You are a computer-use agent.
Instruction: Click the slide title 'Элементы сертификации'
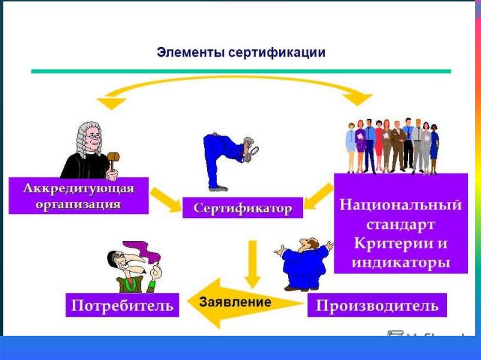(240, 52)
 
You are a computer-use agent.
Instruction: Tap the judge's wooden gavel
(113, 158)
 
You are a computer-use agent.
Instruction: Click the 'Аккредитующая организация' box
(78, 195)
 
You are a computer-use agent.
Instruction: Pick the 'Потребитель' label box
(122, 306)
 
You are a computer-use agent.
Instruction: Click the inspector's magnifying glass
(254, 151)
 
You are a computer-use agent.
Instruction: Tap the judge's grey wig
(85, 136)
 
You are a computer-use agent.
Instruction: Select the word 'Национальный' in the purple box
(401, 205)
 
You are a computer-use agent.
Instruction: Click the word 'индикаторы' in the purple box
(401, 261)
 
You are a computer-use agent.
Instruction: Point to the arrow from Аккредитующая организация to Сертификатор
(165, 199)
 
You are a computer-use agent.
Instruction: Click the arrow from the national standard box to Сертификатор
(319, 197)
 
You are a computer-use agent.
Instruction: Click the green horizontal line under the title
(240, 71)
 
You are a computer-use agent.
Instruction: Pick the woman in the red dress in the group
(379, 146)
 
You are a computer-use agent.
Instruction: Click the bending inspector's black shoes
(218, 188)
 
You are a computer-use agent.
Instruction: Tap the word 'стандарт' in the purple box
(401, 224)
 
